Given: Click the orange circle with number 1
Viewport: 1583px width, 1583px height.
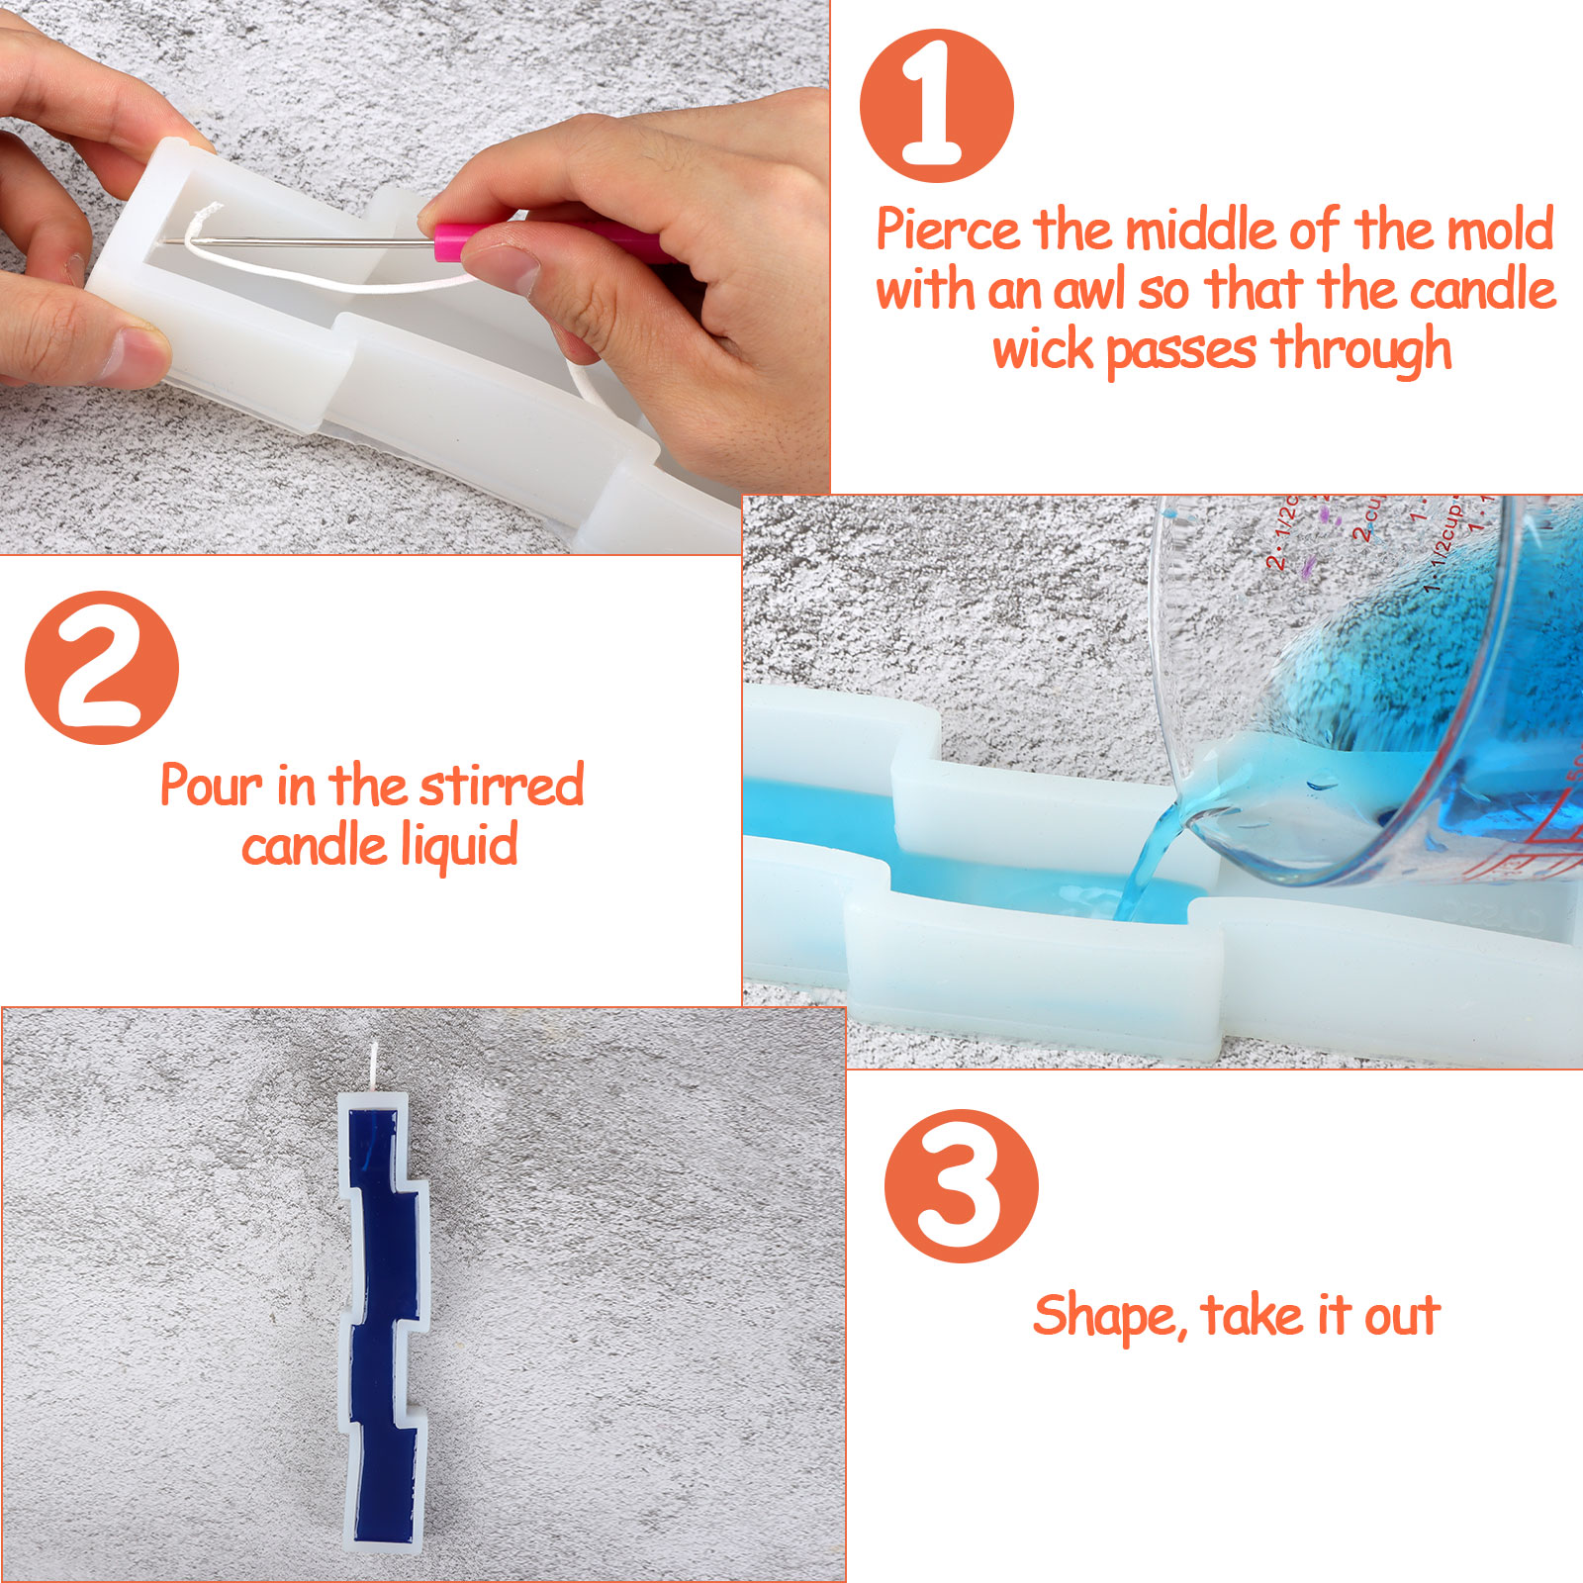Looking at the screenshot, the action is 936,106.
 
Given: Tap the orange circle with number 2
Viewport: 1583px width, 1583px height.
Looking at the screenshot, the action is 102,668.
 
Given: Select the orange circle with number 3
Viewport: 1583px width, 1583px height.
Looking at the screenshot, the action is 961,1186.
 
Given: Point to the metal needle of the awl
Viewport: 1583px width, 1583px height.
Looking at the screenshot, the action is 297,241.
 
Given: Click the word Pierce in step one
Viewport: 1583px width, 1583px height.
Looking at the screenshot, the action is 949,231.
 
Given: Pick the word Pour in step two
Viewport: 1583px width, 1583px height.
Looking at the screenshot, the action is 212,787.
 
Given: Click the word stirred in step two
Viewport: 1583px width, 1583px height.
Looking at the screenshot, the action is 502,786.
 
